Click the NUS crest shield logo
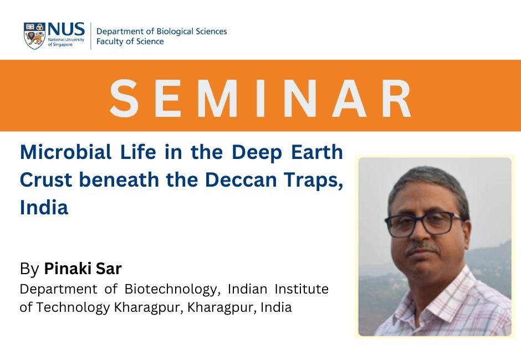pyautogui.click(x=34, y=35)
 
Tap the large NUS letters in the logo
pyautogui.click(x=66, y=29)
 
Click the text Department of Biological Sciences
pyautogui.click(x=161, y=32)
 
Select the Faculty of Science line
pyautogui.click(x=130, y=42)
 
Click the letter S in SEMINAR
pyautogui.click(x=124, y=98)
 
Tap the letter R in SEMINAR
pyautogui.click(x=396, y=98)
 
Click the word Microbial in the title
pyautogui.click(x=66, y=152)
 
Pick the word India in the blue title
pyautogui.click(x=44, y=207)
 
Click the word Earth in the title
pyautogui.click(x=317, y=152)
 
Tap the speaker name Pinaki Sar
pyautogui.click(x=83, y=269)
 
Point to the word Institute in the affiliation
pyautogui.click(x=302, y=289)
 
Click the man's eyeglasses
pyautogui.click(x=423, y=224)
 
